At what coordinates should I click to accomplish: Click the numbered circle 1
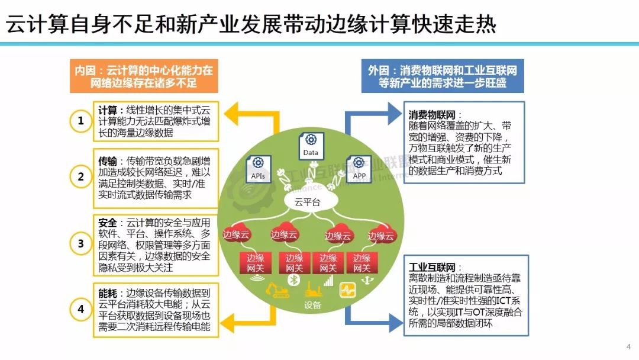[80, 121]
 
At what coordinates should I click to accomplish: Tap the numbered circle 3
[80, 243]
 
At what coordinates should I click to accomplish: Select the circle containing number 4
[80, 308]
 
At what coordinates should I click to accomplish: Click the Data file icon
[311, 144]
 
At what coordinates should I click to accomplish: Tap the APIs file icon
[258, 167]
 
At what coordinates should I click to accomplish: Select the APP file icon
[358, 167]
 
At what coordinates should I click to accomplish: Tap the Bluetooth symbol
[291, 278]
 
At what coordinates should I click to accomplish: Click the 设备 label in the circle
[312, 306]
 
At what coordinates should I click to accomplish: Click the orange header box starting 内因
[144, 76]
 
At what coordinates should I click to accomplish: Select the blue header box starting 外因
[443, 76]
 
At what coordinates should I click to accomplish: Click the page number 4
[628, 346]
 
